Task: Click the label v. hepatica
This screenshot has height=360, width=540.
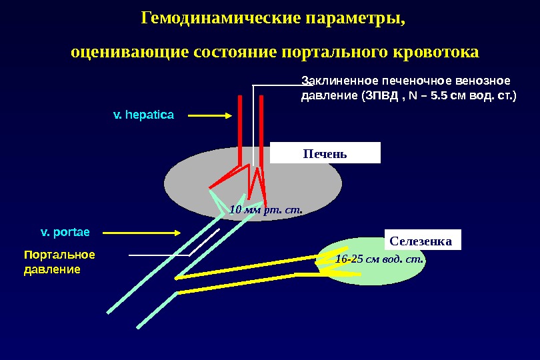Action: (143, 115)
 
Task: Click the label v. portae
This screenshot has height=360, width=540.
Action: (65, 233)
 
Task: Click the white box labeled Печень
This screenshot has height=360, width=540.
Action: (325, 153)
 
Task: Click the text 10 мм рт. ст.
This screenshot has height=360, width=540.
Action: (265, 211)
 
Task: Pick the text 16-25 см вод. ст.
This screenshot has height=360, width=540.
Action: (380, 259)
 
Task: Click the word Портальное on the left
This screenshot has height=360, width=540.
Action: (59, 255)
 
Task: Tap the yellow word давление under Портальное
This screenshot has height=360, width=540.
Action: (52, 269)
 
